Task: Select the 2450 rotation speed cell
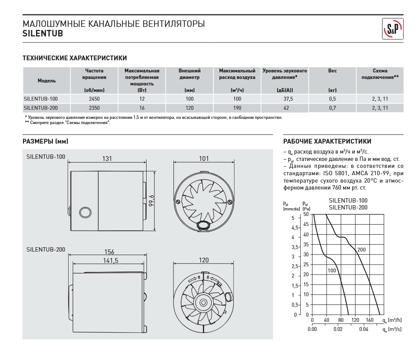(x=94, y=99)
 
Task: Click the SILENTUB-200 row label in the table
(x=41, y=108)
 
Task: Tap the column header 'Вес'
(x=332, y=71)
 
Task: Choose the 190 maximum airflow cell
(x=237, y=108)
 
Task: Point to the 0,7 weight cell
(x=332, y=108)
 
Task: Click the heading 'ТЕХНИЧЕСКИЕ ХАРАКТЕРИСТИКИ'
(x=75, y=58)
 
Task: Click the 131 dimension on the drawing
(x=107, y=159)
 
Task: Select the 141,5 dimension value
(x=111, y=260)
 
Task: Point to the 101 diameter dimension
(x=204, y=159)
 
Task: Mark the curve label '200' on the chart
(x=361, y=250)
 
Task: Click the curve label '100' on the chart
(x=332, y=271)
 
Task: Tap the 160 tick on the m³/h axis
(x=369, y=321)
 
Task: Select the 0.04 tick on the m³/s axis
(x=363, y=329)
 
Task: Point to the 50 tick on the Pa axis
(x=306, y=214)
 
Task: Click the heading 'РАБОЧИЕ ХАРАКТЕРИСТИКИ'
(x=327, y=141)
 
